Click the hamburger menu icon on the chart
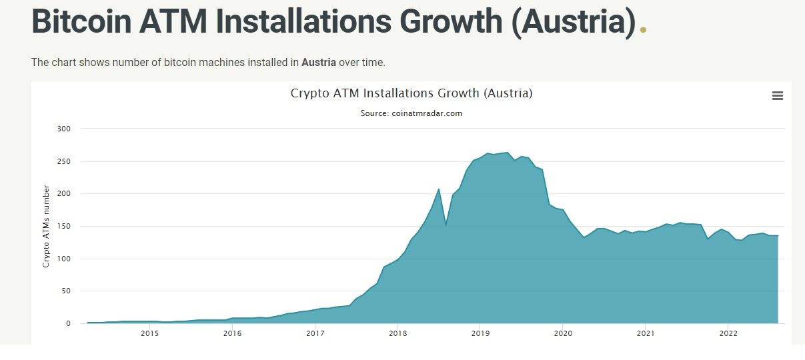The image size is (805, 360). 777,96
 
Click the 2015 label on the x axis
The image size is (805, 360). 149,333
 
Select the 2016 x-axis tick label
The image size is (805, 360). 232,333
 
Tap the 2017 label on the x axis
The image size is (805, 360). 315,333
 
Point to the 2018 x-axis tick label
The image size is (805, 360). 397,333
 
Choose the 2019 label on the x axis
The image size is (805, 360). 480,333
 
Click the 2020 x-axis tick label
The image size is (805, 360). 563,333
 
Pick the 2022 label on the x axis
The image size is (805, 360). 728,333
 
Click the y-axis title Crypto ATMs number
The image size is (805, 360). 47,227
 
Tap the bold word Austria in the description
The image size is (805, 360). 318,63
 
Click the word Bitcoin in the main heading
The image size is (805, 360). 81,21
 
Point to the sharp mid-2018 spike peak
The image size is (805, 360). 438,189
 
